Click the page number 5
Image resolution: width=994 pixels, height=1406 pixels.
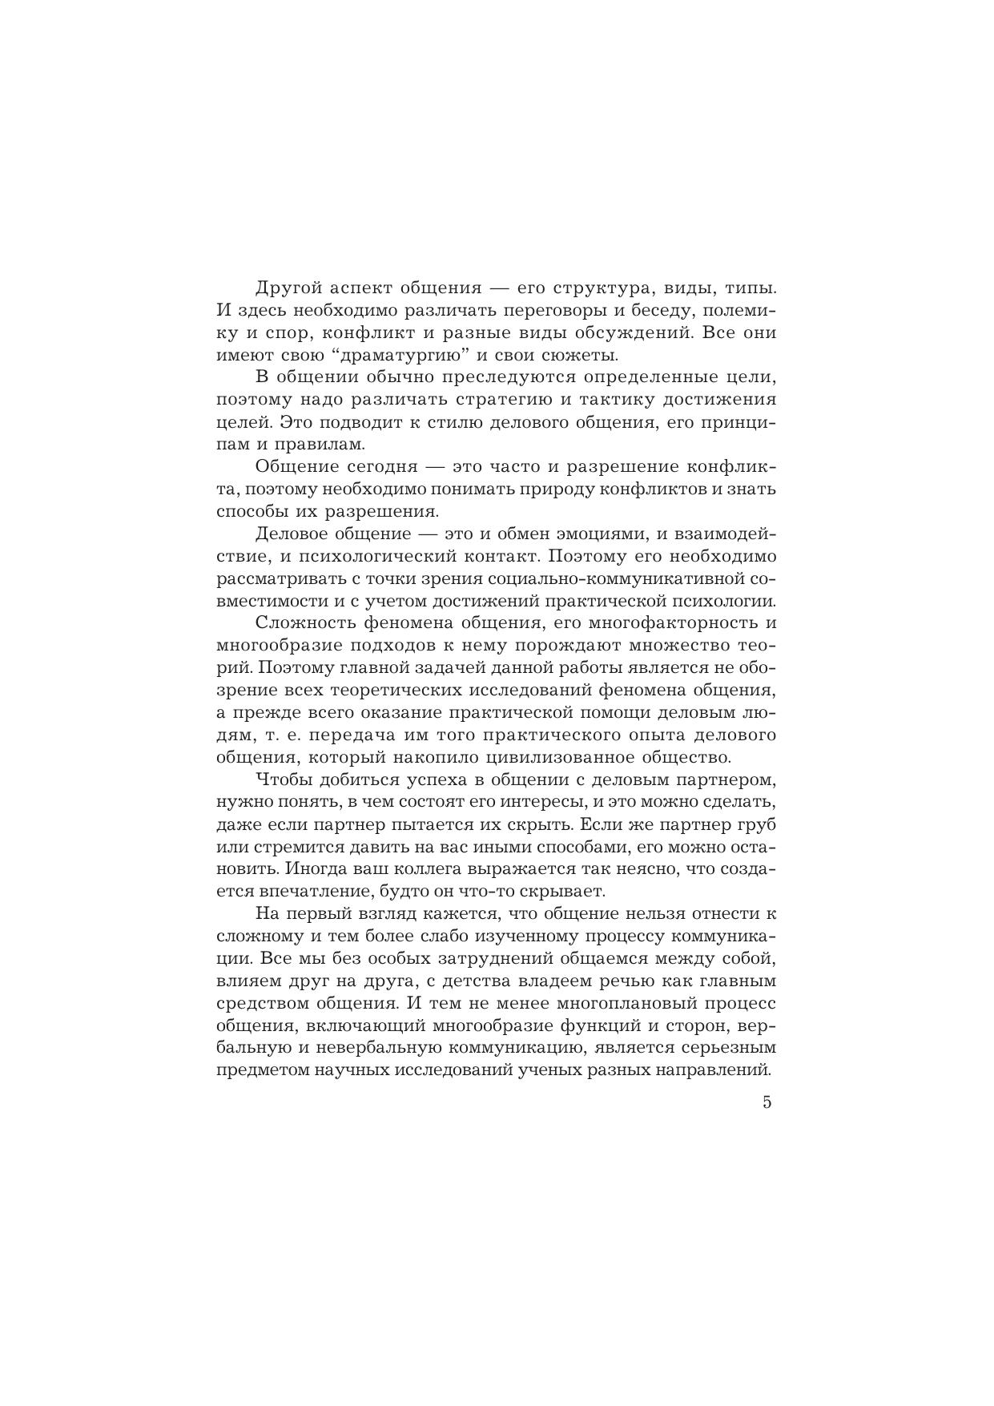(767, 1102)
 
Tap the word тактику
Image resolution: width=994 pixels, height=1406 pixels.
(617, 400)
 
